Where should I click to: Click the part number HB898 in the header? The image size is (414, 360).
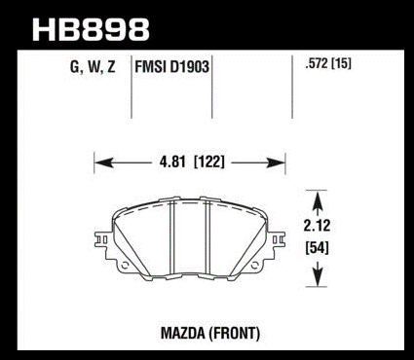tap(91, 29)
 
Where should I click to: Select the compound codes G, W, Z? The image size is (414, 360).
tap(93, 67)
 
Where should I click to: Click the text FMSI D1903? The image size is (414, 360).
tap(171, 67)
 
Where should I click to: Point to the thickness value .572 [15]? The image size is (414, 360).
tap(328, 64)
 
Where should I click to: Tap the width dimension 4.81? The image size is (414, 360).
tap(172, 162)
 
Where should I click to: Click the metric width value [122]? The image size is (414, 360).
tap(209, 162)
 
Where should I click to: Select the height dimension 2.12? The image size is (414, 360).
tap(317, 226)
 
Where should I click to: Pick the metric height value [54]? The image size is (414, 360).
tap(317, 248)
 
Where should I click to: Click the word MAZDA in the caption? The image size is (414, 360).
tap(183, 333)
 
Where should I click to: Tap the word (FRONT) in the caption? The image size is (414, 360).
tap(235, 333)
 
